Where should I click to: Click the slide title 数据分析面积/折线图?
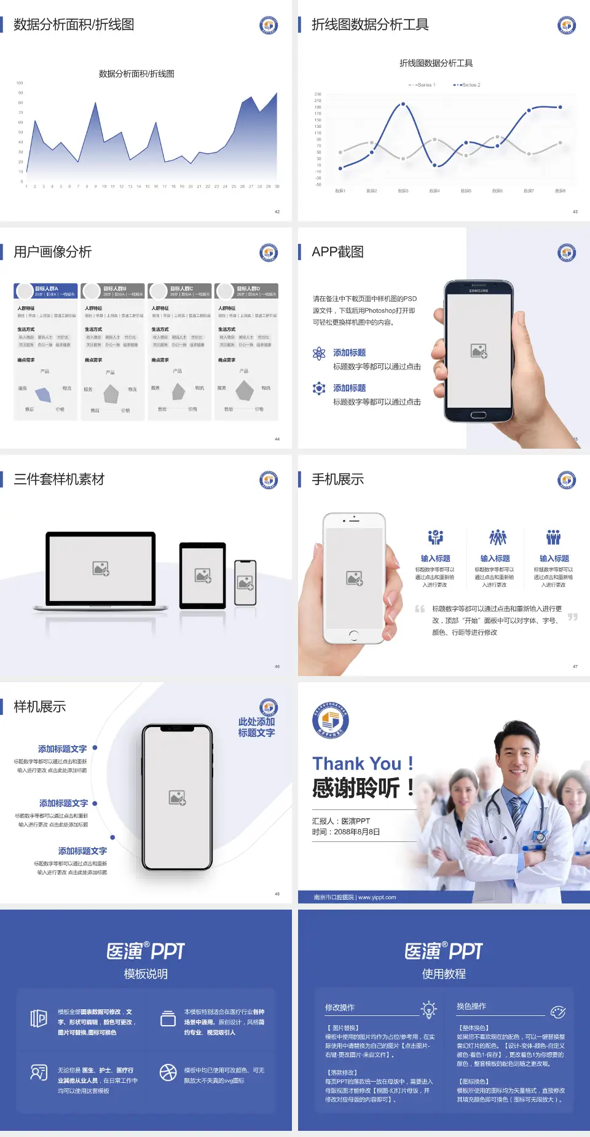(74, 25)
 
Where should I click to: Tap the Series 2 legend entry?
(468, 85)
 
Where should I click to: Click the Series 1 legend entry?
(423, 85)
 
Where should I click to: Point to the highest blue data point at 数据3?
(403, 104)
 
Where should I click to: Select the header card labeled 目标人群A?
(46, 291)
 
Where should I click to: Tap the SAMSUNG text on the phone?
(479, 291)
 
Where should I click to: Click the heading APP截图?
(337, 252)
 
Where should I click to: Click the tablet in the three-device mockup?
(203, 575)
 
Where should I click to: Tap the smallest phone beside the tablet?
(245, 582)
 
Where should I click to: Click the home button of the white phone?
(354, 635)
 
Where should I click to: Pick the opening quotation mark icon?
(420, 609)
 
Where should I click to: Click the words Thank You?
(356, 763)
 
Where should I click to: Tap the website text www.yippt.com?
(377, 897)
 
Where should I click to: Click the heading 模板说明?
(146, 974)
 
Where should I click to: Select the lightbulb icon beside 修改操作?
(428, 1009)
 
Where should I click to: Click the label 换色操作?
(471, 1006)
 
